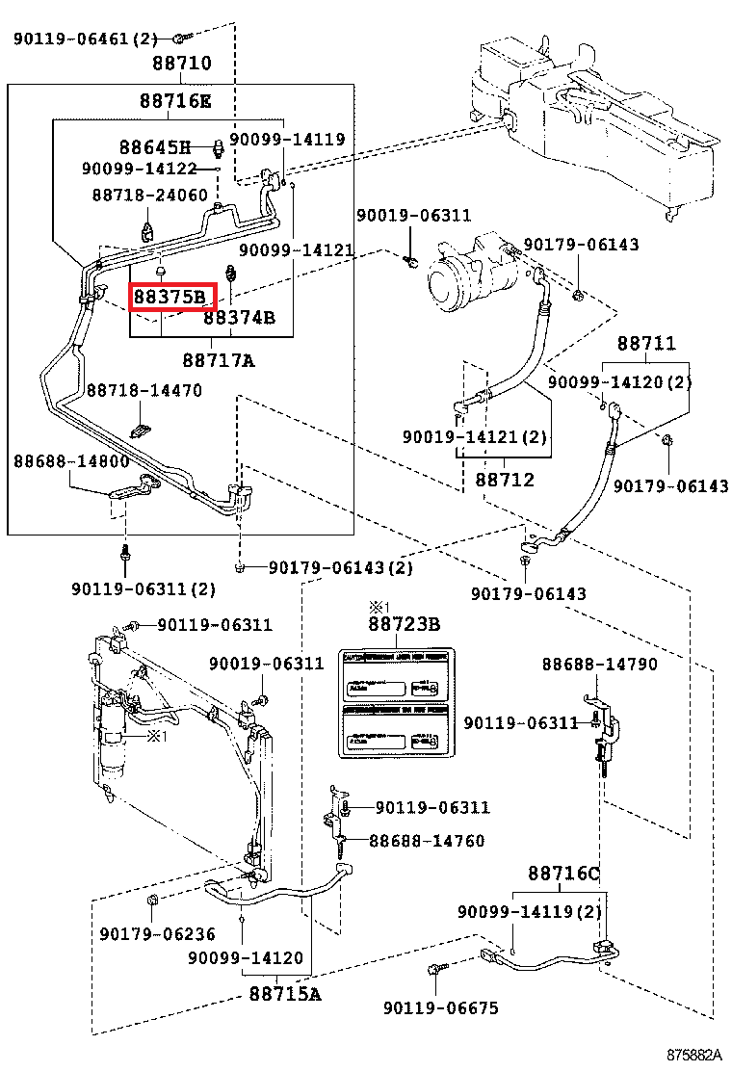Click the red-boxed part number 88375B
tap(171, 298)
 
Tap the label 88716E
tap(174, 100)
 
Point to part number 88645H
tap(155, 147)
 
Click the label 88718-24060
tap(149, 195)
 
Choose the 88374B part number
tap(240, 317)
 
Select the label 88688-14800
tap(71, 461)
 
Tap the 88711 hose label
tap(646, 344)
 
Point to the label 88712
tap(505, 479)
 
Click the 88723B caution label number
tap(404, 625)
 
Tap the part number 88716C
tap(563, 874)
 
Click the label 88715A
tap(284, 993)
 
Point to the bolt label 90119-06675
tap(441, 1008)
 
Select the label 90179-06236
tap(157, 933)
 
